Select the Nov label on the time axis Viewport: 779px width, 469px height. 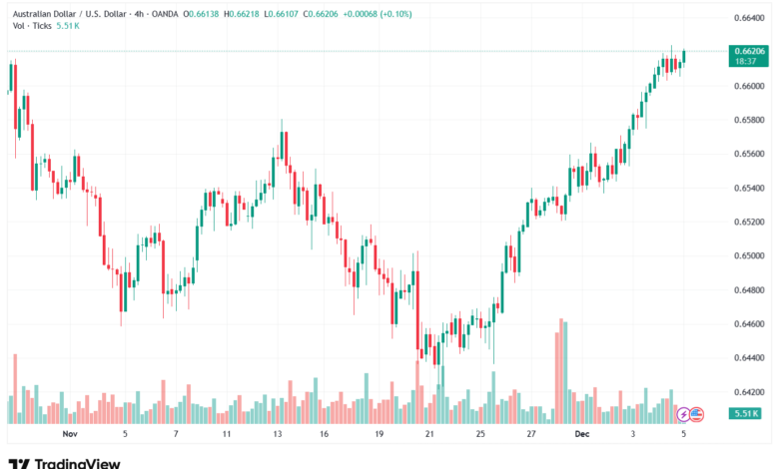point(69,435)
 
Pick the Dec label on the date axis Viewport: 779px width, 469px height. point(581,435)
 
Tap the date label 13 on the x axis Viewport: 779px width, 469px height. point(277,435)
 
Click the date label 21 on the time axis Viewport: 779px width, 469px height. point(428,435)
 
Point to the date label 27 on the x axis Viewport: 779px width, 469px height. point(530,435)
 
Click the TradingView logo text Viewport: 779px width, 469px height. point(77,462)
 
